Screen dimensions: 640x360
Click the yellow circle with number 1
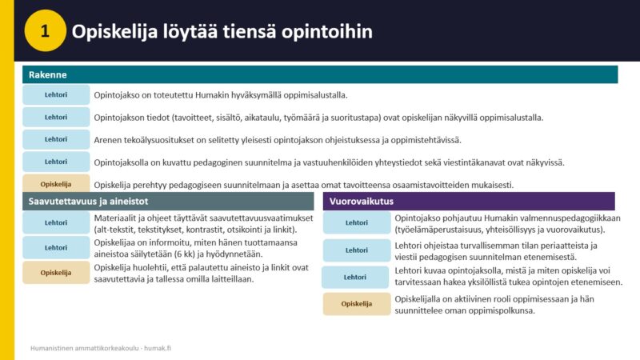[x=45, y=30]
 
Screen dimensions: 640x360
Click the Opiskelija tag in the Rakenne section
[x=56, y=183]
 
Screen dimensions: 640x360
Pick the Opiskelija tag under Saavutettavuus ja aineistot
[x=56, y=273]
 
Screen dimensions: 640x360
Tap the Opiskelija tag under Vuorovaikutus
[x=357, y=304]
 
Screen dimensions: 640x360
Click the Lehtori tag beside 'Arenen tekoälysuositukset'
[x=56, y=139]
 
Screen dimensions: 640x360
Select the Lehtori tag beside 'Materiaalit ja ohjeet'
[x=56, y=223]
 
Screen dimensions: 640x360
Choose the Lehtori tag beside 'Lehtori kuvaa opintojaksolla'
[x=355, y=277]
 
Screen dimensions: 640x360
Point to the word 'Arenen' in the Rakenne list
[x=108, y=140]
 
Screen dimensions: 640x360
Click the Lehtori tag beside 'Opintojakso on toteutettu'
[x=56, y=94]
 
